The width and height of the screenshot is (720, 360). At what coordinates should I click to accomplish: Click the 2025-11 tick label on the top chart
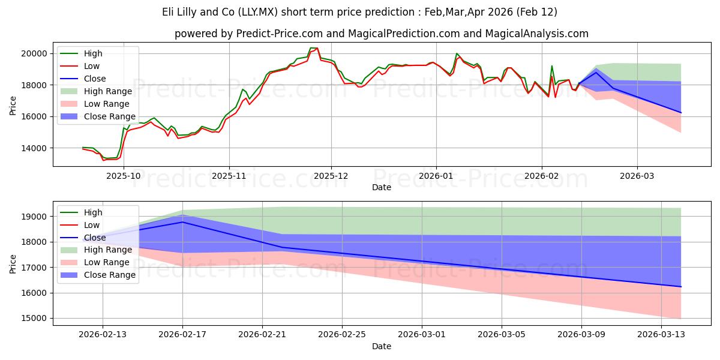[229, 176]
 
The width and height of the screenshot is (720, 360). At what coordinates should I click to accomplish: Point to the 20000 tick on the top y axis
[35, 53]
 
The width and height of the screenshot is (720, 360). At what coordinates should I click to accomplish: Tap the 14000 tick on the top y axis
[35, 148]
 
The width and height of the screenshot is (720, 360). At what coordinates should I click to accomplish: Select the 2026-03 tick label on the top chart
[637, 176]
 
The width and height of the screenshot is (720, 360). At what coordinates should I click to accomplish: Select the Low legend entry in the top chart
[92, 66]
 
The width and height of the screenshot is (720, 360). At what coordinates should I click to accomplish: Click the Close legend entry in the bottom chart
[95, 238]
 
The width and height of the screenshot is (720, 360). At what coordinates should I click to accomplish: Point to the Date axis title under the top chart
[382, 187]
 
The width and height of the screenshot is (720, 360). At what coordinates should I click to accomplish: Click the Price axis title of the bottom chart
[13, 263]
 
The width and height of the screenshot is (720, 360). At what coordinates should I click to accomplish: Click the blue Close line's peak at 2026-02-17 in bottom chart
[182, 222]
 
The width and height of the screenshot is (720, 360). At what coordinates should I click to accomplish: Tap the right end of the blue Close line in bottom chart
[681, 287]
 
